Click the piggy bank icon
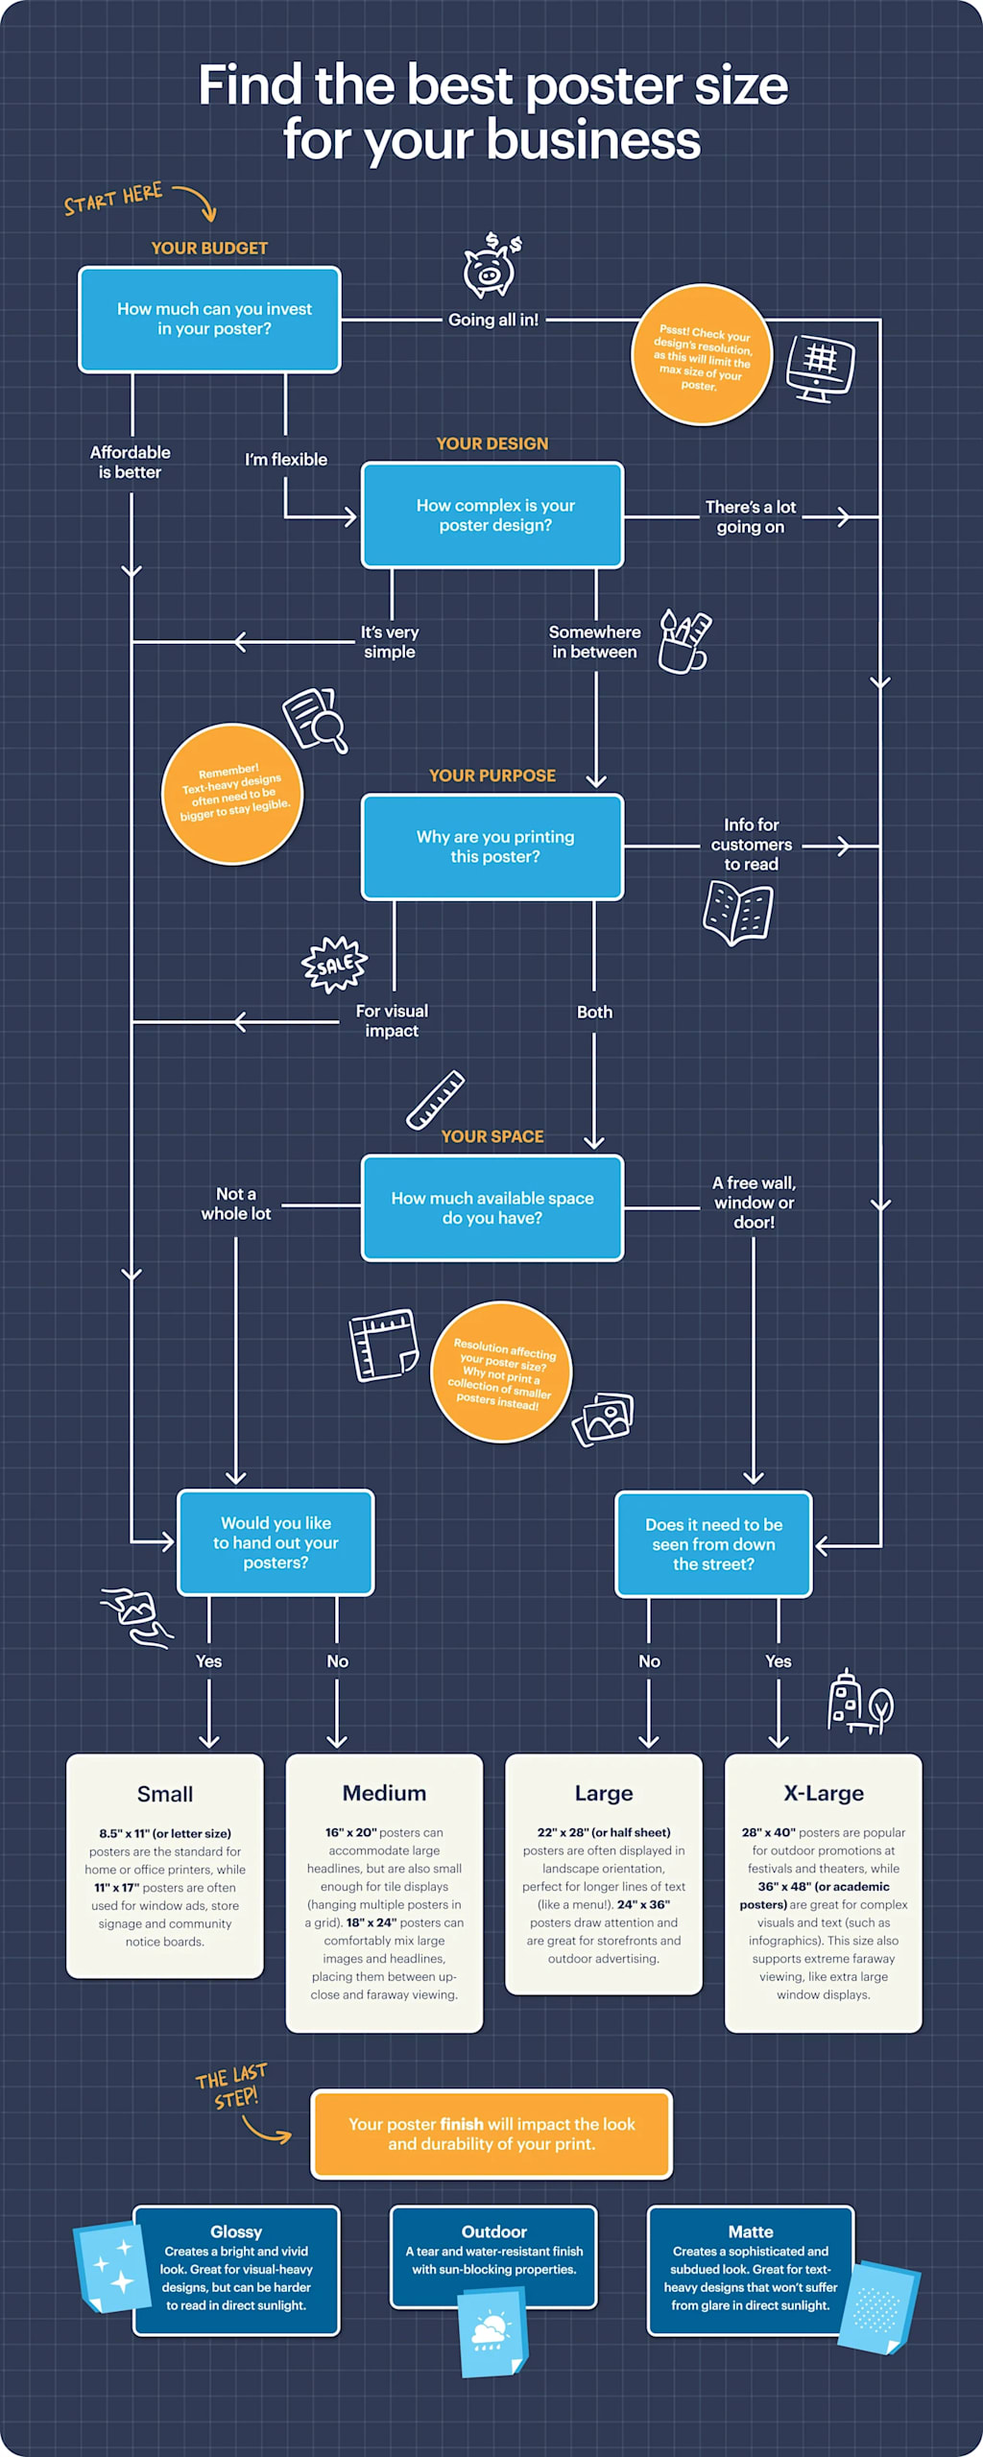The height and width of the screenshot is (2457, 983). pos(491,268)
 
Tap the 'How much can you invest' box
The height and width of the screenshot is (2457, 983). pos(209,319)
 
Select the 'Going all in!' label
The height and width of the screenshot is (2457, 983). pos(493,320)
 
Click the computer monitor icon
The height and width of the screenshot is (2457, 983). pos(820,368)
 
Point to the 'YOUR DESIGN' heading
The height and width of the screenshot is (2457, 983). pos(491,443)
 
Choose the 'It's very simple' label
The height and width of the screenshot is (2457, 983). pos(390,641)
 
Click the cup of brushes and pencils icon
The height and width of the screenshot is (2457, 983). pos(683,642)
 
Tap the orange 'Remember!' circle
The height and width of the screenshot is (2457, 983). pos(233,794)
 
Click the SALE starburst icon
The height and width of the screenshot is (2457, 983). pos(334,964)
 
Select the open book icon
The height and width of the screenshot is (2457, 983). pos(737,913)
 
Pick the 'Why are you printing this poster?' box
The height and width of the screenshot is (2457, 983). pos(492,847)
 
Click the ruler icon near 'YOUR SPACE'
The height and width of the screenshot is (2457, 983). pos(435,1100)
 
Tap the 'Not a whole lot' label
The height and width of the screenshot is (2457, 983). pos(236,1204)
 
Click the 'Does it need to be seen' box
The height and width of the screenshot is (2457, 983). pos(713,1543)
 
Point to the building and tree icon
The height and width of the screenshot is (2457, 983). pos(859,1702)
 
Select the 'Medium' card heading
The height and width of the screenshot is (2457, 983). pos(384,1793)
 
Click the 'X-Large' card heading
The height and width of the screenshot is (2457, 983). pos(823,1793)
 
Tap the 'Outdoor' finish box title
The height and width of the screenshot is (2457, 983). pos(493,2231)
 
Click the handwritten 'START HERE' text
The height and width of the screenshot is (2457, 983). pos(113,200)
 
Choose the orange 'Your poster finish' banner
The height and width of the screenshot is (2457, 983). pos(491,2134)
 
